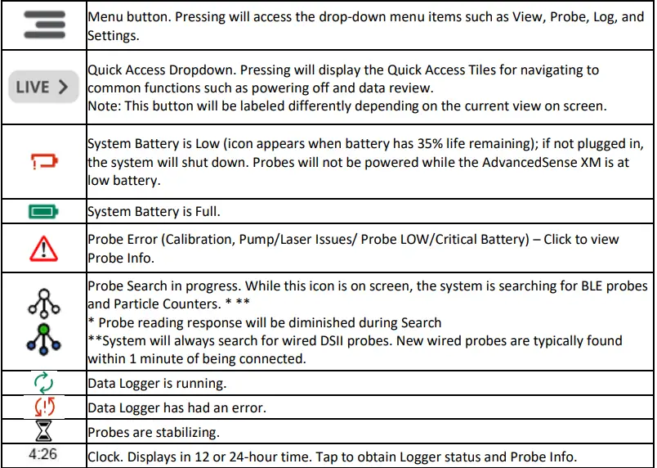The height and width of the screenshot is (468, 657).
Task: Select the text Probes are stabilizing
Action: coord(147,430)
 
